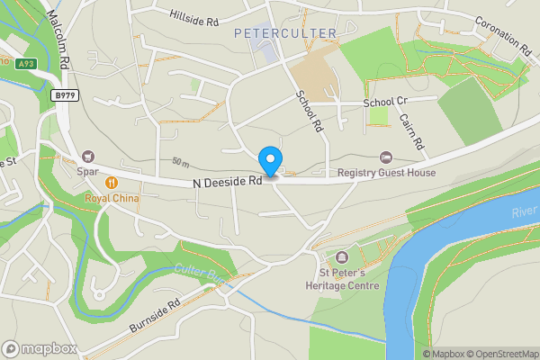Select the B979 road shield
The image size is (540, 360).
tap(63, 95)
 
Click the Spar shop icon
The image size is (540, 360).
tap(88, 156)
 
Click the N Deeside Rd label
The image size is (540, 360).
tap(227, 182)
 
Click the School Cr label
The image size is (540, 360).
tap(385, 103)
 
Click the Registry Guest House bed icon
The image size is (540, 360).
tap(386, 157)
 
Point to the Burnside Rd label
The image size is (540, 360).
tap(156, 313)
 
